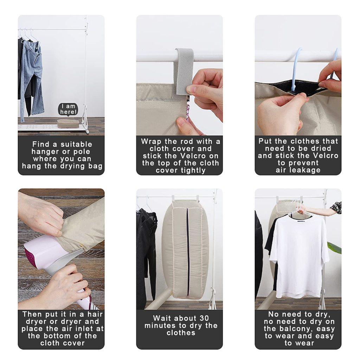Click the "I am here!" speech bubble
pos(68,109)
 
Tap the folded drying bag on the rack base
pos(68,123)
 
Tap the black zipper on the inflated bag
pos(188,252)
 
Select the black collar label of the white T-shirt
pos(301,221)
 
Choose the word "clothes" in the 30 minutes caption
pos(181,333)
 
